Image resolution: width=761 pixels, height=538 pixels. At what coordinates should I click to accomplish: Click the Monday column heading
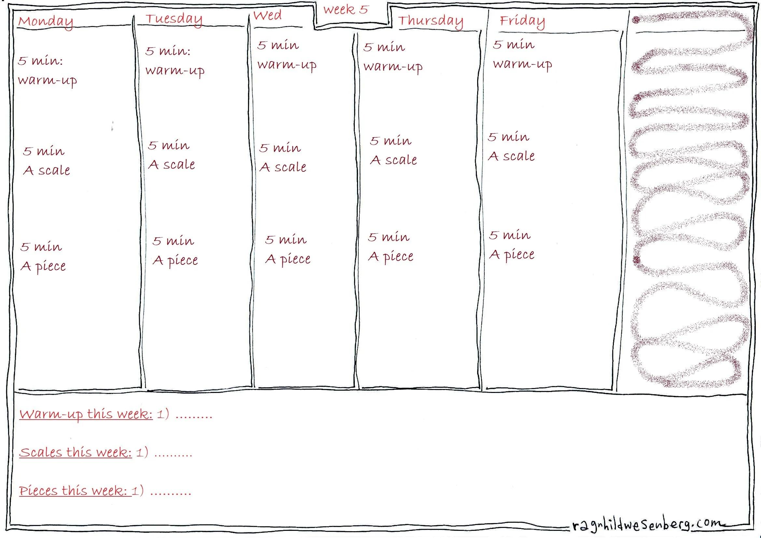coord(46,21)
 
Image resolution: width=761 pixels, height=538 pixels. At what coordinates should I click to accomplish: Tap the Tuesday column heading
coord(174,19)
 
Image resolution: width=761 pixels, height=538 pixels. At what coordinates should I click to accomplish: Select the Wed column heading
coord(267,16)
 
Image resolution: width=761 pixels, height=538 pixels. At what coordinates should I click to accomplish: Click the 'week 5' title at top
coord(346,10)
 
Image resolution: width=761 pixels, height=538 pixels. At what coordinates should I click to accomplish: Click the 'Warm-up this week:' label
coord(86,414)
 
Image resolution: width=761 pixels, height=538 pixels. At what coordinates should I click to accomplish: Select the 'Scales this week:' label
coord(75,452)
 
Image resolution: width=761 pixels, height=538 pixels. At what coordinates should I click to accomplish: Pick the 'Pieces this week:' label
coord(73,491)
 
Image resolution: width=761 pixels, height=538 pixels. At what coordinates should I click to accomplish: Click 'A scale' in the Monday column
coord(47,170)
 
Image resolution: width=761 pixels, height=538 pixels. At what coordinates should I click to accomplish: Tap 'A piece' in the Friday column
coord(512,255)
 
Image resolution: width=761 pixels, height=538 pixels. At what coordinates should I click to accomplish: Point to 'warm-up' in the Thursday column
coord(393,67)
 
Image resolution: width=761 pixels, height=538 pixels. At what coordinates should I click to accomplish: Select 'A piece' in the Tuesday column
coord(175,261)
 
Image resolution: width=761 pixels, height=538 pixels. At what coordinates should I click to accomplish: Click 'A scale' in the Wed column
coord(283,167)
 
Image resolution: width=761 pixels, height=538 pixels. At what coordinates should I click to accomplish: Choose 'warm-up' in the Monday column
coord(48,80)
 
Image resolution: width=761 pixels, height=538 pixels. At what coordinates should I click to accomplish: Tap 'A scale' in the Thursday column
coord(394,160)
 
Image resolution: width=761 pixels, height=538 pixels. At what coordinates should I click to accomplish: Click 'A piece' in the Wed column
coord(288,259)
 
